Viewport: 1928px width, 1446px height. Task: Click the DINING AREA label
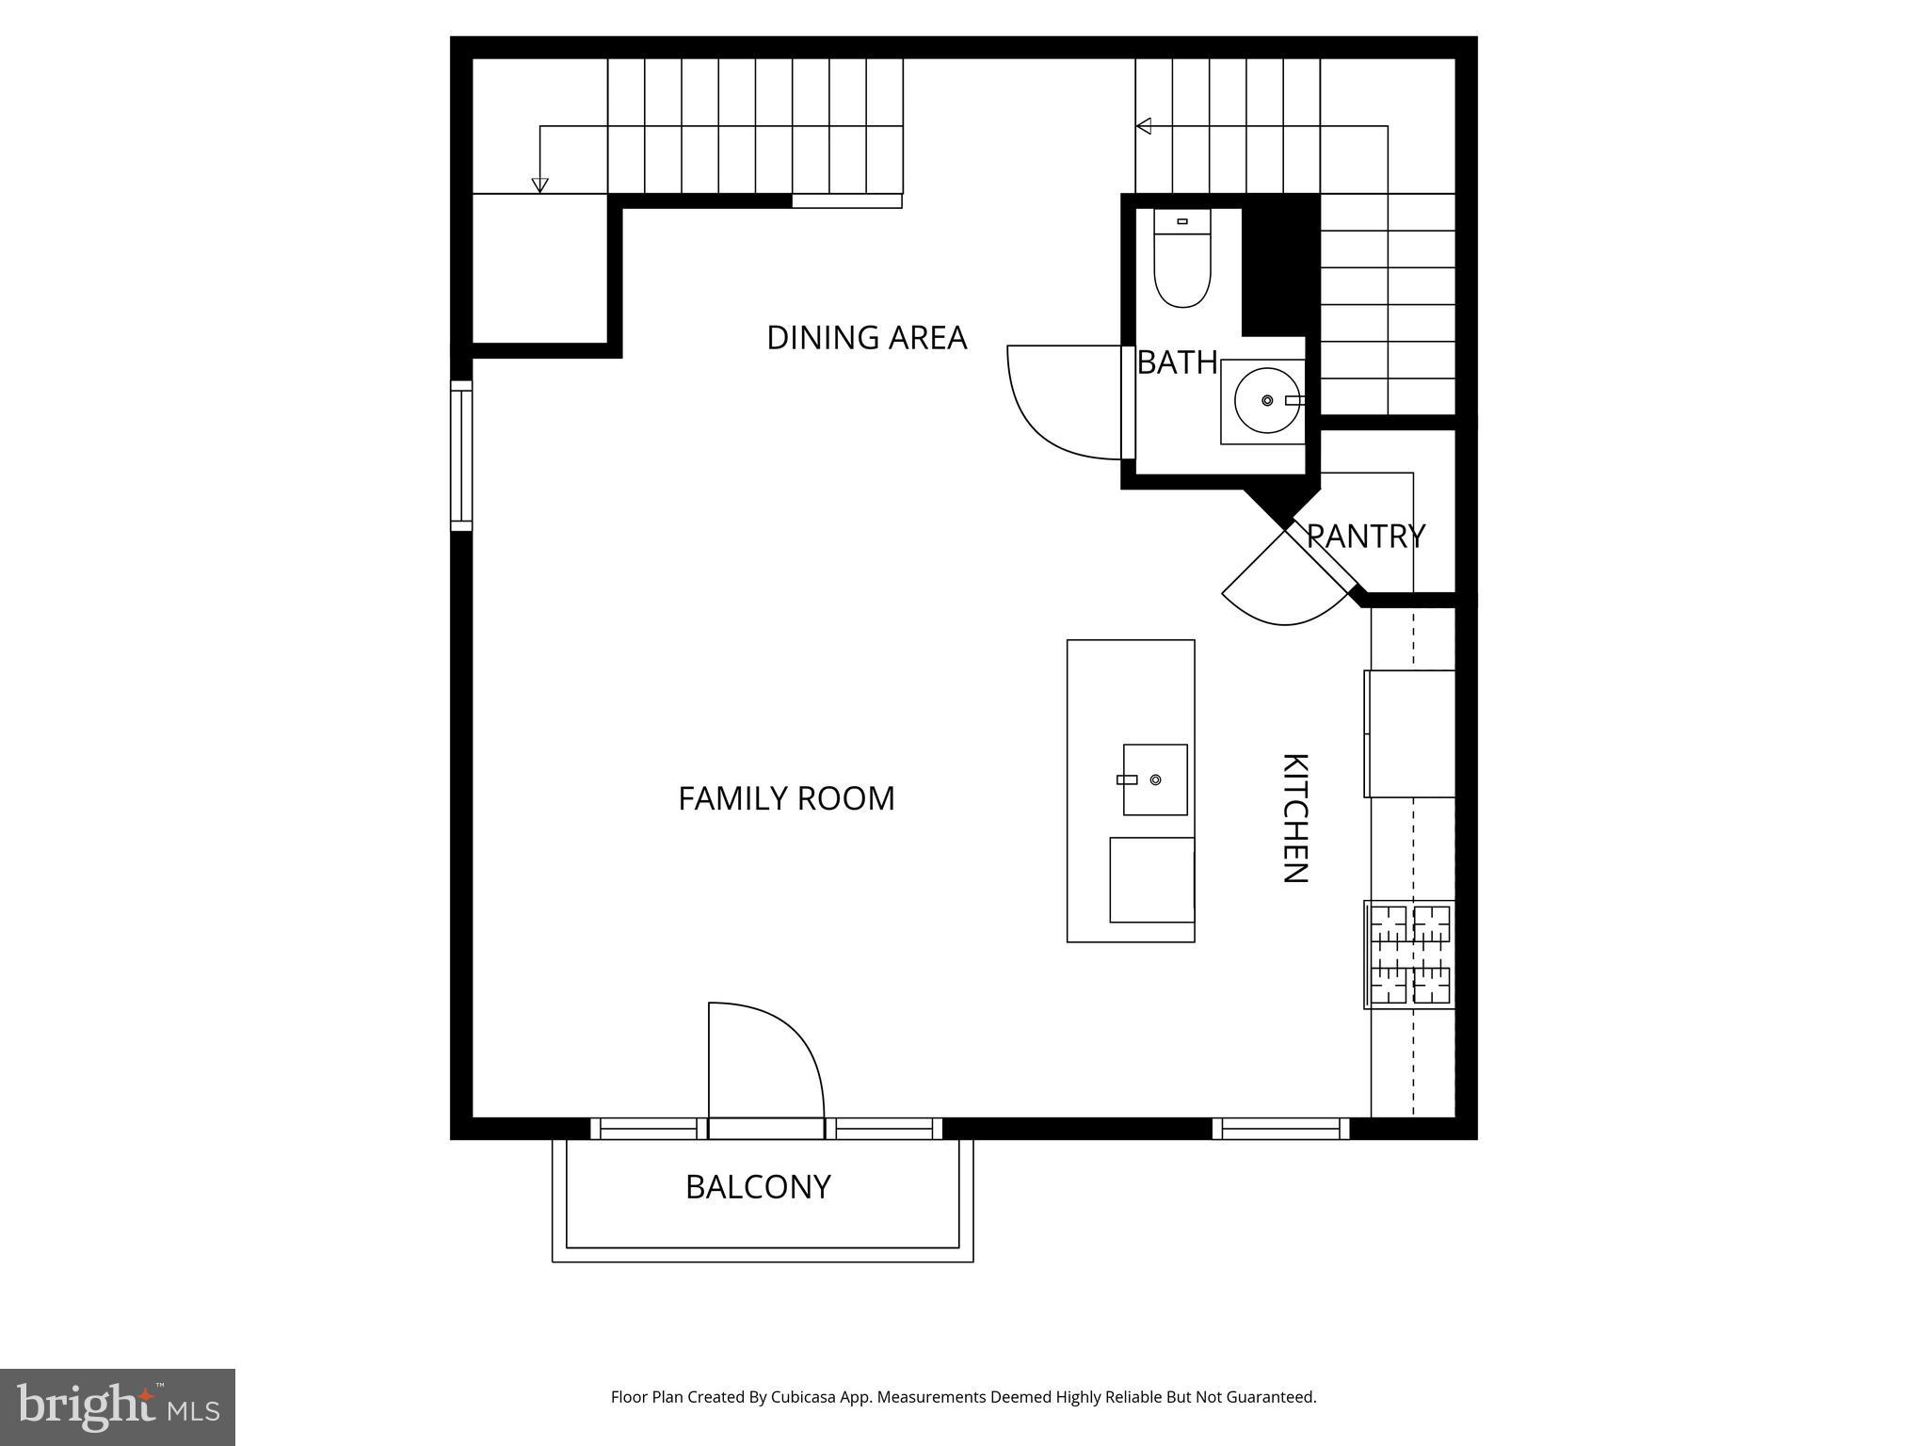[866, 337]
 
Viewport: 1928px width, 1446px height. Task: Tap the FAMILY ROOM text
[786, 798]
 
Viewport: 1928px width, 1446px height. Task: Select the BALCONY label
[758, 1186]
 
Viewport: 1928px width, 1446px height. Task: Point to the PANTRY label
[1365, 537]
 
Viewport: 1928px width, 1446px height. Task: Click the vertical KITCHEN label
[1295, 818]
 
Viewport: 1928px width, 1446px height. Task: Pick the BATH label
[1177, 362]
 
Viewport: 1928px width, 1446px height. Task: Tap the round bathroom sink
[1266, 401]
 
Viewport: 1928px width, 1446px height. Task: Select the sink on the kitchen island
[1155, 779]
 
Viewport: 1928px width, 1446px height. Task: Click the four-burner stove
[1409, 954]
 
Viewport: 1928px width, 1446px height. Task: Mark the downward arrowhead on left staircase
[539, 185]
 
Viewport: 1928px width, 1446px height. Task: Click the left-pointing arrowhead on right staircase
[1144, 126]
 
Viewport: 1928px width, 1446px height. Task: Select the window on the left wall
[460, 456]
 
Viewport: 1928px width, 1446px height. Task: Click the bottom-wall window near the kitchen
[1280, 1128]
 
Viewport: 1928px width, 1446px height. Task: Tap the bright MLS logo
[118, 1406]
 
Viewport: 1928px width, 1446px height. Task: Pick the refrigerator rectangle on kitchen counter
[1409, 733]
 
